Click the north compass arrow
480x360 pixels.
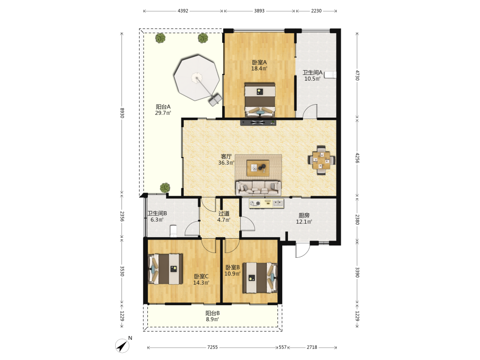pos(122,346)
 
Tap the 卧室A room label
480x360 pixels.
pos(259,62)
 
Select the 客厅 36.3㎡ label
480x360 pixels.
pos(227,159)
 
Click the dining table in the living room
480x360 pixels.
pos(322,160)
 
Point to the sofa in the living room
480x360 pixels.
pos(258,188)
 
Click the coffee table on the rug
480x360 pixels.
pos(258,168)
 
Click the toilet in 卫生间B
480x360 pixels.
pos(174,231)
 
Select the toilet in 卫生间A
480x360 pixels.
pos(331,75)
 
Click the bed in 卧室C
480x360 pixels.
pos(166,269)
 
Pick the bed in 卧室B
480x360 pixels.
pos(260,277)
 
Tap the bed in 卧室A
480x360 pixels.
pos(260,100)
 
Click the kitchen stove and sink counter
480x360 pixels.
pos(266,204)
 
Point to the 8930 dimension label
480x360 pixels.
pos(122,113)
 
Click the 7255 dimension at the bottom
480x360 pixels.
pos(213,347)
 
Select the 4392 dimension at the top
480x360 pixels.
pos(183,11)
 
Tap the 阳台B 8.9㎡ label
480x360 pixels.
pos(213,316)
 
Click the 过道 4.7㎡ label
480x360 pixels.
pos(224,216)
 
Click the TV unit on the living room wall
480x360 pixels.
pos(258,123)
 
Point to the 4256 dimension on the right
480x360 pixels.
pos(357,157)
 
